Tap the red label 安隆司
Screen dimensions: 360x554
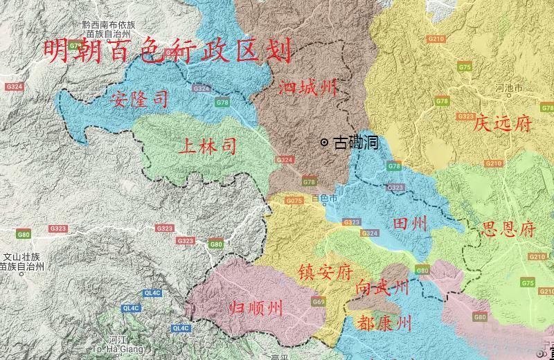pos(138,100)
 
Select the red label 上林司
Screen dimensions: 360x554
pos(207,146)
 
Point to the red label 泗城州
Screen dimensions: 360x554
pos(307,88)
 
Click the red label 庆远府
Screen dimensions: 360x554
pos(502,124)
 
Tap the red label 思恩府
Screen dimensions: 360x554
pos(508,230)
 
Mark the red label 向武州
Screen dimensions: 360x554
pos(382,287)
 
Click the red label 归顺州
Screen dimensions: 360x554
pos(256,309)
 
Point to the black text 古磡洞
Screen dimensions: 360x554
pos(355,143)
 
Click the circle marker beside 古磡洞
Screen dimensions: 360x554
pos(324,143)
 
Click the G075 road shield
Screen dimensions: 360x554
pos(294,201)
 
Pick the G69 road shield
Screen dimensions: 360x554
pos(319,301)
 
